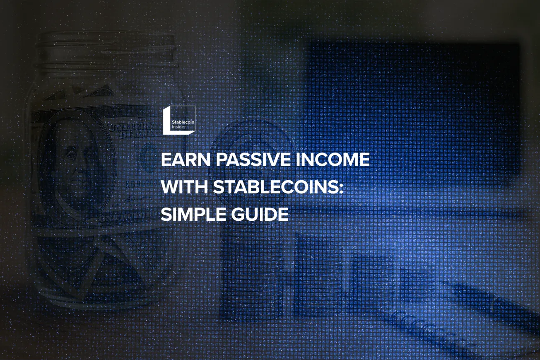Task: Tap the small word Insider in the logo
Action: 179,127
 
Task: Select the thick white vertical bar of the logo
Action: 166,121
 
